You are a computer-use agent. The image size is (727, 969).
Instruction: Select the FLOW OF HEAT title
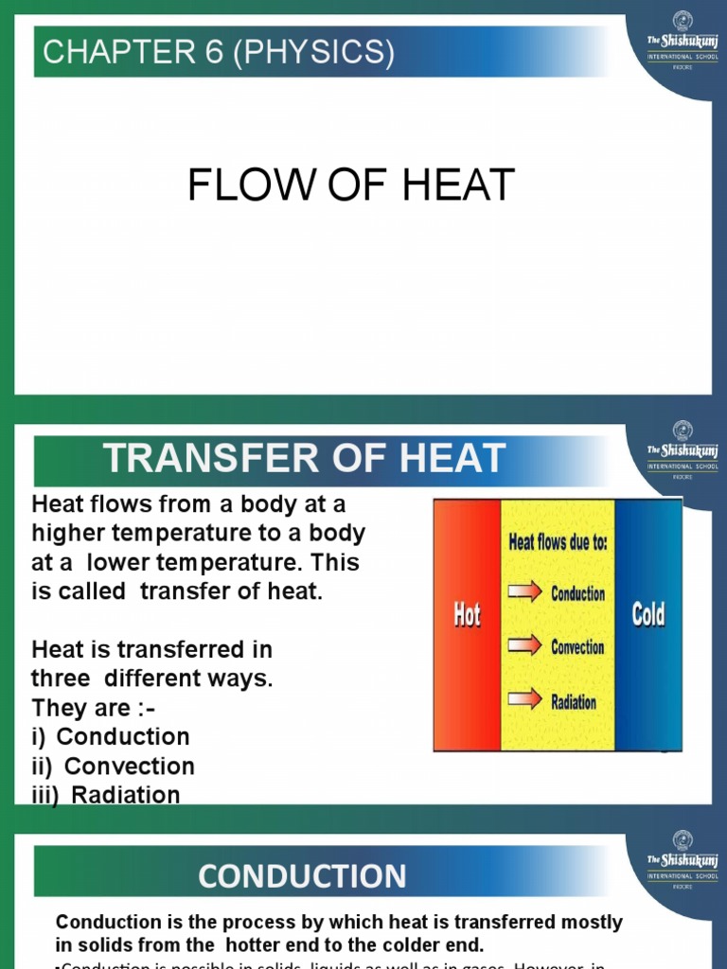pos(351,185)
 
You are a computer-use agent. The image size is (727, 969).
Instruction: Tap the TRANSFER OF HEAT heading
pos(305,459)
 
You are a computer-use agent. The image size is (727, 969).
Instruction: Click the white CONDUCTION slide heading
pos(302,875)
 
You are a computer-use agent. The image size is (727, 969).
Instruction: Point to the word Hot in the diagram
pos(465,616)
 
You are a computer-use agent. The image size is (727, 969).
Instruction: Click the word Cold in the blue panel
pos(648,616)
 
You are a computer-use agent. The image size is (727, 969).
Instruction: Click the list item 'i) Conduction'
pos(111,736)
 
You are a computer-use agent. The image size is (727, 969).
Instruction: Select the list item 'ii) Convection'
pos(114,766)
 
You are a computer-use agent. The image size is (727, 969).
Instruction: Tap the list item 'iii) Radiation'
pos(106,795)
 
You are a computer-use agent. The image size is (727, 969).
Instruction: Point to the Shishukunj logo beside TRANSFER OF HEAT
pos(683,448)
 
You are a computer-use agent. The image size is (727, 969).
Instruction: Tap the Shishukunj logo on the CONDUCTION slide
pos(683,857)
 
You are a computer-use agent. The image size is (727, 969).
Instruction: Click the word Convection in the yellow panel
pos(577,647)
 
